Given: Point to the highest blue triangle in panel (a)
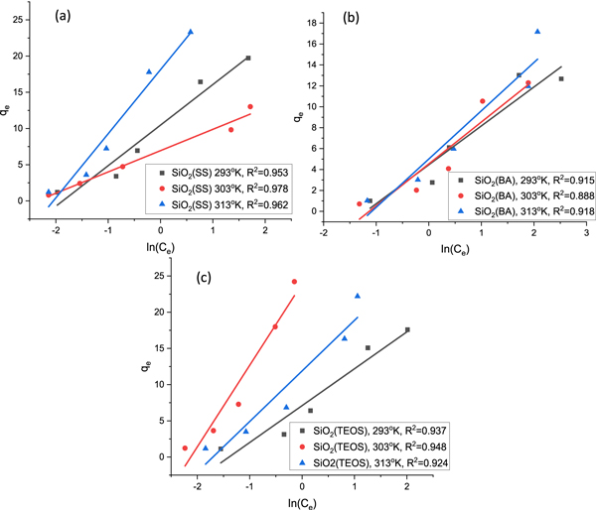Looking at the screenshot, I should (191, 32).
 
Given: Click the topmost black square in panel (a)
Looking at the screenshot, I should (248, 59).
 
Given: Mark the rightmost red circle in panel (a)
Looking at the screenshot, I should (250, 106).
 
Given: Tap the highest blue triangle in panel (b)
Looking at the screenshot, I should (537, 32).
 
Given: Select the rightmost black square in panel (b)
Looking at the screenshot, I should (561, 78).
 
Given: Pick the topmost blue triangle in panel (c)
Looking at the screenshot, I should (358, 296).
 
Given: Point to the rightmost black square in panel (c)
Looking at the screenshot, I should (407, 329).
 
